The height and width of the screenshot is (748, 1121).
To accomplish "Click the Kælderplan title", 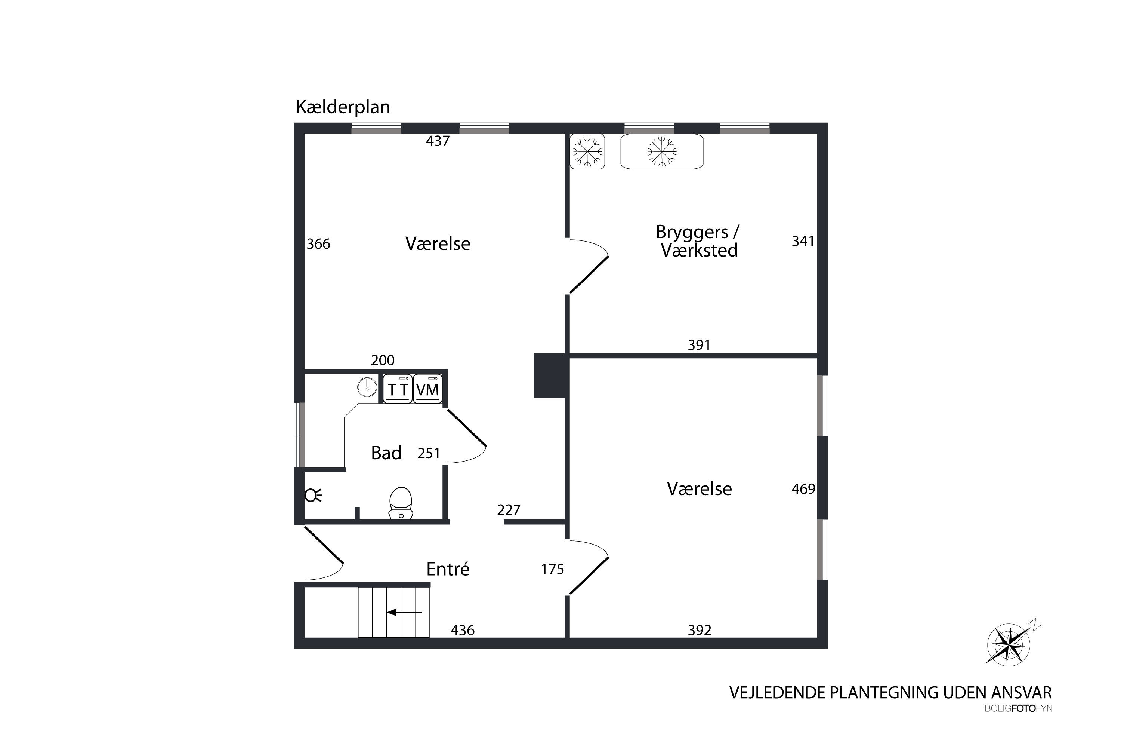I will [x=343, y=107].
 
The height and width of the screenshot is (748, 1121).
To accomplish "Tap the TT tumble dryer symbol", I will [x=398, y=389].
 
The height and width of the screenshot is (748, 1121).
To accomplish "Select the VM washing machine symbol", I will [x=427, y=389].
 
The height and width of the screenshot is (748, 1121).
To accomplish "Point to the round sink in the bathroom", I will [x=367, y=386].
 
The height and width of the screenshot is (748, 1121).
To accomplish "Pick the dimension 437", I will [x=438, y=141].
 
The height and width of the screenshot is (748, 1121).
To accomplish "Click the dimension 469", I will [x=803, y=489].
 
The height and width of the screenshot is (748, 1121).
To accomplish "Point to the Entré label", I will [x=448, y=569].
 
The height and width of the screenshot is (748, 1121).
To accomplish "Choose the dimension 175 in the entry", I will [x=552, y=569].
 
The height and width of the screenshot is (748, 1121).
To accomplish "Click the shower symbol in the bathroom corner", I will [x=313, y=496].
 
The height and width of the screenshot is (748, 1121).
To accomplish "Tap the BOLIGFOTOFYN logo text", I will [x=1018, y=709].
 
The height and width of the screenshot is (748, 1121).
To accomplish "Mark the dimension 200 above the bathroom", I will [x=382, y=360].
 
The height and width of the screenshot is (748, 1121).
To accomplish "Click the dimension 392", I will [x=699, y=630].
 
